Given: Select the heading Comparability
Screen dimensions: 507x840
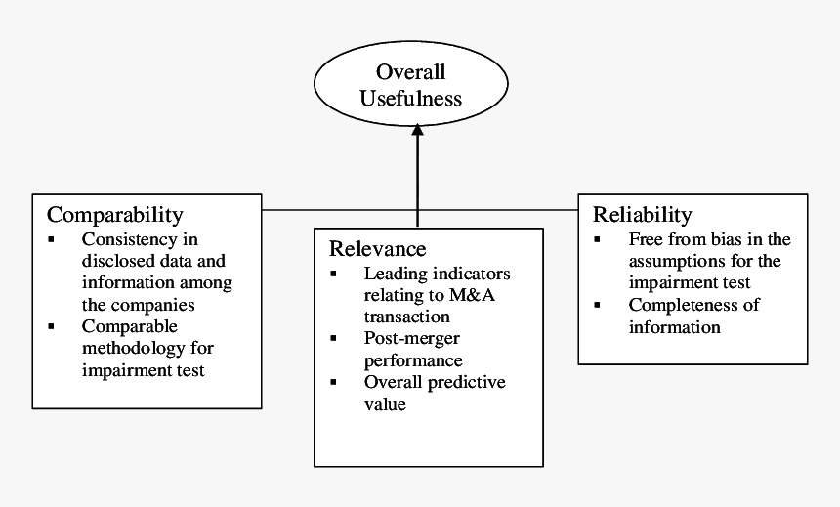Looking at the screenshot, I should [x=114, y=214].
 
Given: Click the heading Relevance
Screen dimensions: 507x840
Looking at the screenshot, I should [x=377, y=248].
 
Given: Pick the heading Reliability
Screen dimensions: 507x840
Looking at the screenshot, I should [x=642, y=214].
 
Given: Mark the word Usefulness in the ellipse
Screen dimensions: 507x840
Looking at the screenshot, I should [x=410, y=98].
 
